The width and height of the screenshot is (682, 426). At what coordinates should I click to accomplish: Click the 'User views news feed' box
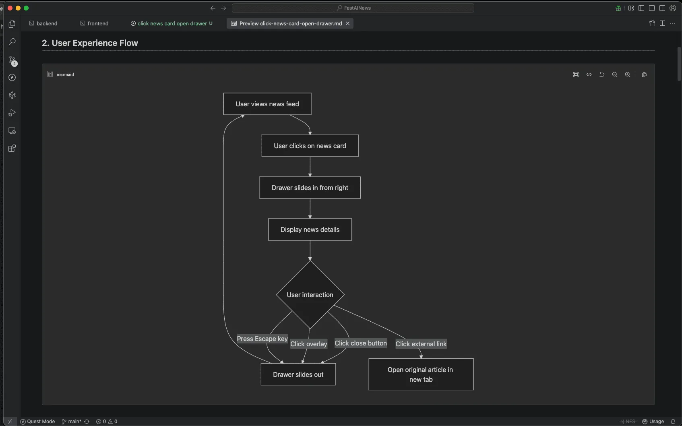[267, 104]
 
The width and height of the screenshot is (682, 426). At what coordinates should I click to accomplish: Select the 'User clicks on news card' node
[310, 146]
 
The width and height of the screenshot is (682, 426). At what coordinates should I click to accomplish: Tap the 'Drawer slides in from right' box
[310, 188]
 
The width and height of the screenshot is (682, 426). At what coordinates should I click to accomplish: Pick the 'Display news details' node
[310, 230]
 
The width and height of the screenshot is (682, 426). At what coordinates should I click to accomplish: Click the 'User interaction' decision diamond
[310, 295]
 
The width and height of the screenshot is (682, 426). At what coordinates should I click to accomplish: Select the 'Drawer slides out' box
[298, 374]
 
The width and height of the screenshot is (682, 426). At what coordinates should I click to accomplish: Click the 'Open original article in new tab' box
[421, 374]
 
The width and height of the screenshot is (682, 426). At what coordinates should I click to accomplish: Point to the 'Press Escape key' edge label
[262, 339]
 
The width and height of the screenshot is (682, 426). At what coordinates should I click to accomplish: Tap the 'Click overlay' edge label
[309, 344]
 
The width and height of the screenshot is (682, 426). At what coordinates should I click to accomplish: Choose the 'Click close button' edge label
[361, 343]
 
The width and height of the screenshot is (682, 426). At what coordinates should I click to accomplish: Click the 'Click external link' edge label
[421, 344]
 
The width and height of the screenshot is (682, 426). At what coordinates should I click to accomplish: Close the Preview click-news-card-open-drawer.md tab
[348, 23]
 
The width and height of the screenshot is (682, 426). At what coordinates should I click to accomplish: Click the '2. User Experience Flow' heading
[90, 43]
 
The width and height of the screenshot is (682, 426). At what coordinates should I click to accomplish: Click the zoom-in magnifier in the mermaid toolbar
[628, 74]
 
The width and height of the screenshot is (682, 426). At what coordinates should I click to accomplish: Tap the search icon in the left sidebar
[12, 42]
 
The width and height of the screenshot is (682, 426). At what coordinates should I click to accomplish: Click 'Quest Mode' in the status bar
[37, 422]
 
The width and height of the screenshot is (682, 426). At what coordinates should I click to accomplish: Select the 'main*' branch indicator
[72, 422]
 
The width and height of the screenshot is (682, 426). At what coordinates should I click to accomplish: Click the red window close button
[10, 8]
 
